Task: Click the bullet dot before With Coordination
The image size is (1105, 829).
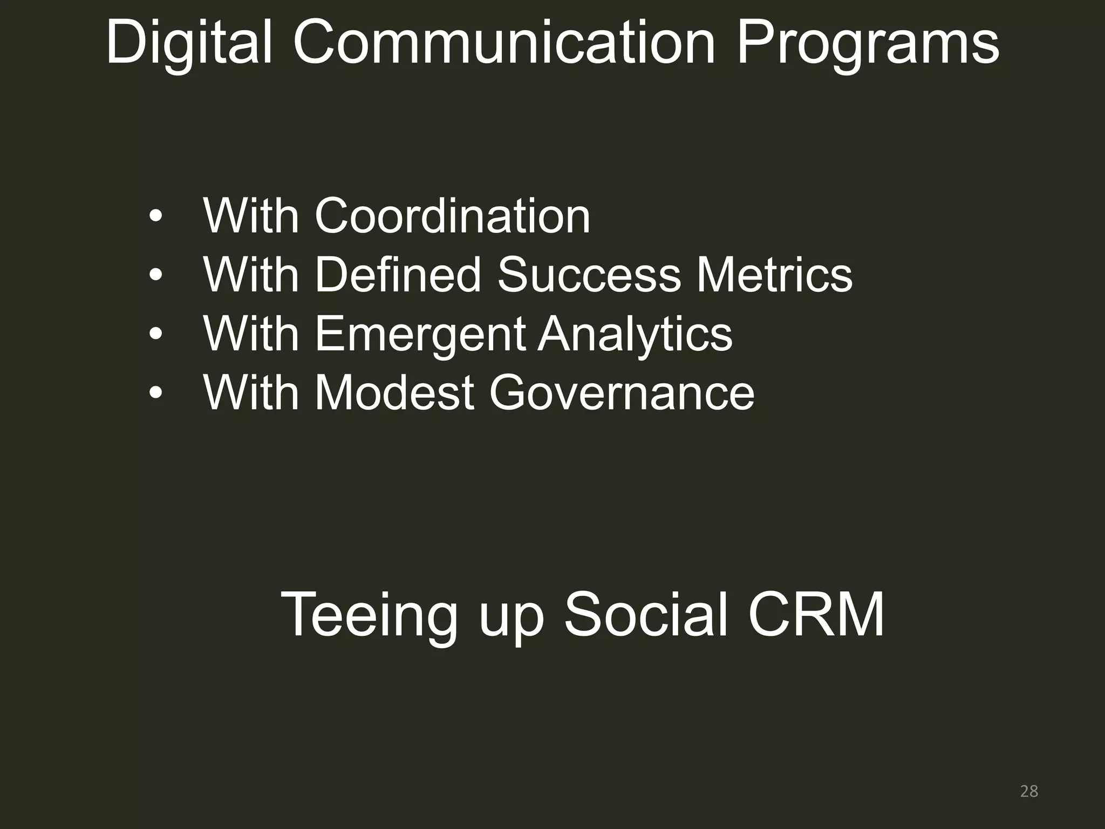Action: pyautogui.click(x=155, y=217)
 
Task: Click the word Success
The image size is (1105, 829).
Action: pyautogui.click(x=588, y=275)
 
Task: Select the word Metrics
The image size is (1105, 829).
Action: pyautogui.click(x=774, y=275)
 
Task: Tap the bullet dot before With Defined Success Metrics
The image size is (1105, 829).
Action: pyautogui.click(x=155, y=276)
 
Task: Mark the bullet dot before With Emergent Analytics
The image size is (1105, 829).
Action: pyautogui.click(x=155, y=335)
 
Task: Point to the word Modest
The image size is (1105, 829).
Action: pyautogui.click(x=394, y=392)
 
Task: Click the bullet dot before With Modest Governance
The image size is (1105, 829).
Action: pyautogui.click(x=155, y=393)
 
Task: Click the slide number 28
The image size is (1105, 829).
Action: pyautogui.click(x=1029, y=791)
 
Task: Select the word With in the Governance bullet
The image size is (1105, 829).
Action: pyautogui.click(x=251, y=392)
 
